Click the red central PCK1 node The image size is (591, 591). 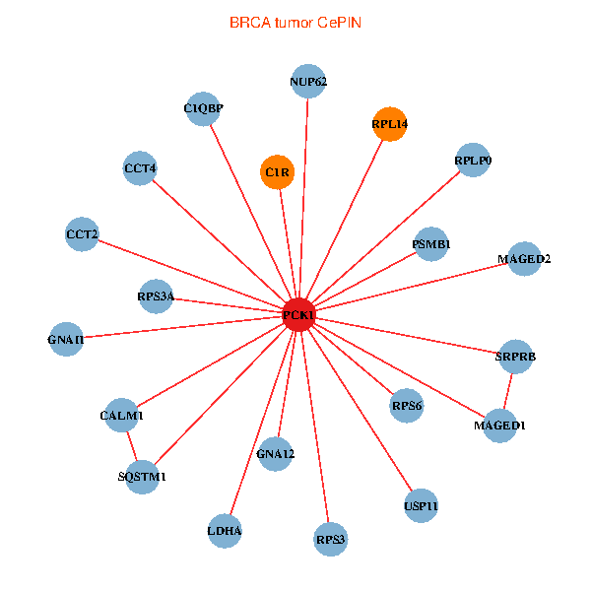(x=298, y=315)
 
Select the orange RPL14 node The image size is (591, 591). (x=390, y=124)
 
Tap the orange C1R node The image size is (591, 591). (x=277, y=173)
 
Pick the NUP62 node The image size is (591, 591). (x=308, y=82)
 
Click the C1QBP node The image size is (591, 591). (x=203, y=108)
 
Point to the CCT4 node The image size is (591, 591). (x=140, y=168)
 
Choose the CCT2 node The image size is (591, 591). (x=82, y=234)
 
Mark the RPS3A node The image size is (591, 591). (x=156, y=295)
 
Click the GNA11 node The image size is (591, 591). (x=66, y=340)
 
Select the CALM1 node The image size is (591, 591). (x=122, y=416)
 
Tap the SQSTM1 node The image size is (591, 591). (x=143, y=477)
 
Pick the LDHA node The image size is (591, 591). (x=225, y=532)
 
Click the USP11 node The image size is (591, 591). (x=421, y=506)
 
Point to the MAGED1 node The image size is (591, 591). (x=499, y=426)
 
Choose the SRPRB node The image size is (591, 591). (x=515, y=356)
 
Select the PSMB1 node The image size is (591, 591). (x=431, y=243)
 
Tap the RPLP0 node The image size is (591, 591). (x=474, y=160)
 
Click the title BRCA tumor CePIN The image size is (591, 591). (x=295, y=22)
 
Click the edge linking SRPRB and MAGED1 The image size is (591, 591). (x=507, y=391)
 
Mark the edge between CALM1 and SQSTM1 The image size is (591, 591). (x=133, y=446)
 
